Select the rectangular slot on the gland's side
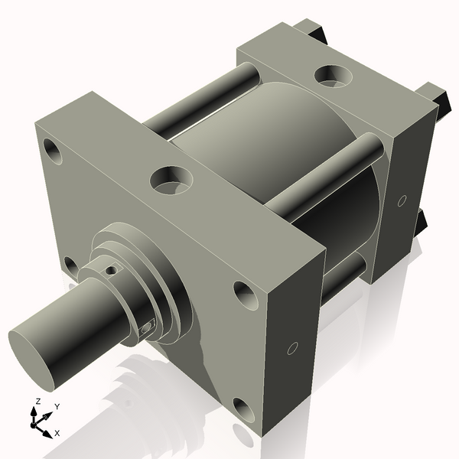(x=148, y=328)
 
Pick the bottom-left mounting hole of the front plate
(x=70, y=265)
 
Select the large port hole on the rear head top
(x=330, y=75)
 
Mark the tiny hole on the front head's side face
(x=291, y=349)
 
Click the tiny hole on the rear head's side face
(x=402, y=201)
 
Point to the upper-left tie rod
(x=203, y=96)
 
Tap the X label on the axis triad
(x=57, y=434)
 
